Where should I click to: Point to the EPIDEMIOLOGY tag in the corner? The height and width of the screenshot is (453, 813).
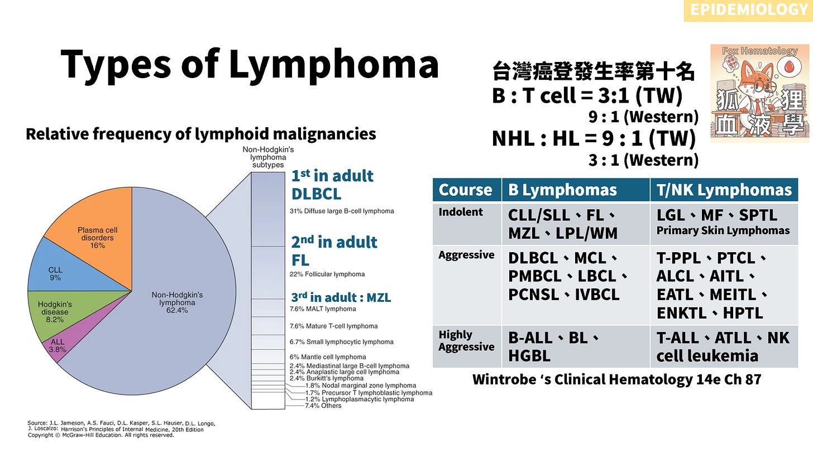pos(748,9)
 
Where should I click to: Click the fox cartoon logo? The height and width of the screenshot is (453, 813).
pos(758,93)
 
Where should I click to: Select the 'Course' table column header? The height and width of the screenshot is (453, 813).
pos(466,190)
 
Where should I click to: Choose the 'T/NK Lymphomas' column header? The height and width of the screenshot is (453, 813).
pos(724,190)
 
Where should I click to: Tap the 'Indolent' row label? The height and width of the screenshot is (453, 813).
pos(461,212)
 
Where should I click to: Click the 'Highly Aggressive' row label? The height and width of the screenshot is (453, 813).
pos(466,341)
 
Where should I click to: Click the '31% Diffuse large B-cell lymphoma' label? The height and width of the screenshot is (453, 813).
pos(342,211)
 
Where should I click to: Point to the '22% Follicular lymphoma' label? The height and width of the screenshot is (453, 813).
pos(327,274)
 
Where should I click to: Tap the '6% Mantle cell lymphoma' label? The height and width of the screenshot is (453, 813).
pos(328,356)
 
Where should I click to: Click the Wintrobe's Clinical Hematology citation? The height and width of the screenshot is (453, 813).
pos(616,379)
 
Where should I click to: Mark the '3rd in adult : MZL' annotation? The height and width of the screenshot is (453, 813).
pos(341,297)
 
